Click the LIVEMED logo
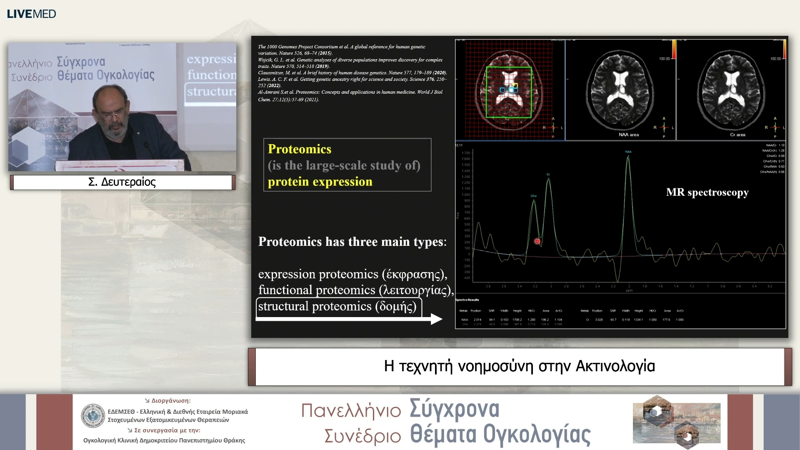(x=31, y=14)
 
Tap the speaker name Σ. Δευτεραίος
(x=122, y=182)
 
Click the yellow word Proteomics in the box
(x=299, y=149)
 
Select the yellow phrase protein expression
(x=320, y=182)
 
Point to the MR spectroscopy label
(x=707, y=192)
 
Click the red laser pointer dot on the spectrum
(x=537, y=241)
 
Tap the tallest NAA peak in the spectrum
(x=628, y=158)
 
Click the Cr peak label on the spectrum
(x=548, y=174)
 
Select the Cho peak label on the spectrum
(x=533, y=196)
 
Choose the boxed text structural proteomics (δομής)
(x=337, y=306)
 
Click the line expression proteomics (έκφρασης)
(x=352, y=274)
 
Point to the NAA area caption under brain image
(x=628, y=135)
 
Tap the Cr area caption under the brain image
(x=737, y=135)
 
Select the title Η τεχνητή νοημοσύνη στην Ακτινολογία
(x=519, y=366)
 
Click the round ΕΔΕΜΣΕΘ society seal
(x=93, y=415)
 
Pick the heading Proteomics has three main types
(x=352, y=242)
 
